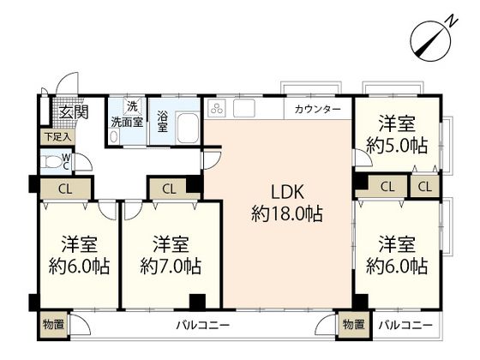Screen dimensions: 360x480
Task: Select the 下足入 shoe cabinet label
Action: pos(57,136)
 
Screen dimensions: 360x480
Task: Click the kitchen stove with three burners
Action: pos(215,110)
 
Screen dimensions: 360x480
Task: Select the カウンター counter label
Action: pos(317,110)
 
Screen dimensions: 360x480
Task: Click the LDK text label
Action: pos(287,191)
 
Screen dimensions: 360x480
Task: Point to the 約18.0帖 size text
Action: pos(287,214)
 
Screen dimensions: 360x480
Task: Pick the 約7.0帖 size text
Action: pos(171,265)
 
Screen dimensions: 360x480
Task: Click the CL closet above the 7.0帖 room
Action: pos(168,188)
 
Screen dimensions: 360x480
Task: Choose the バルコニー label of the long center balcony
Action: pos(203,326)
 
